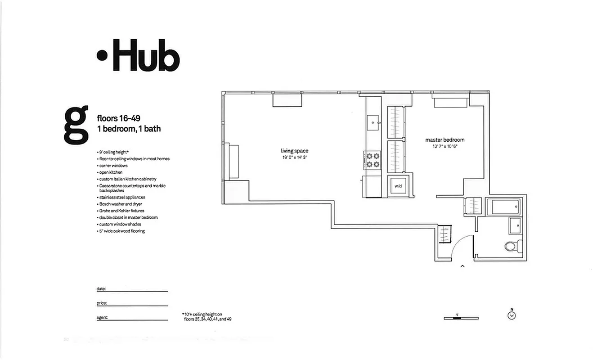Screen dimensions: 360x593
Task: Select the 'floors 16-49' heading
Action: pyautogui.click(x=119, y=118)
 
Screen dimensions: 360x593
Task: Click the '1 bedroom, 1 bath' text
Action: pyautogui.click(x=129, y=129)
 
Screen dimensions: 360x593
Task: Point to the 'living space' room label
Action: pyautogui.click(x=295, y=151)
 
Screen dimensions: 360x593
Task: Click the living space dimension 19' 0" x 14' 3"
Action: pyautogui.click(x=295, y=157)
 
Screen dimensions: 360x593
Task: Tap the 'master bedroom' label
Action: pyautogui.click(x=445, y=140)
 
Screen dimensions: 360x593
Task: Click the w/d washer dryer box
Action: pyautogui.click(x=398, y=186)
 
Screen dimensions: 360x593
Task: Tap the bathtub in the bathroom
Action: pyautogui.click(x=505, y=207)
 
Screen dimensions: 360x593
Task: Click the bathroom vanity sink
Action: pyautogui.click(x=516, y=225)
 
